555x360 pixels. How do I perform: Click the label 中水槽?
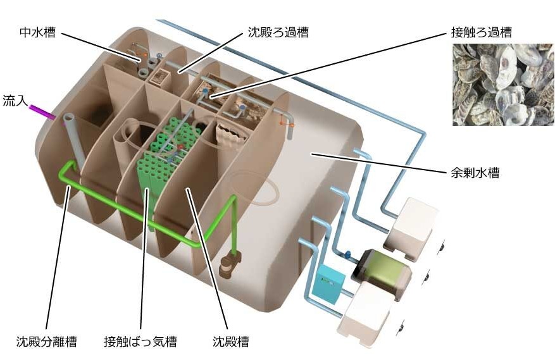tap(37, 32)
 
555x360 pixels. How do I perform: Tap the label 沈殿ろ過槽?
tap(277, 32)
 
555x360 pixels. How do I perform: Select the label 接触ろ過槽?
tap(480, 32)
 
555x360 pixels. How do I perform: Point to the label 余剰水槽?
tap(473, 172)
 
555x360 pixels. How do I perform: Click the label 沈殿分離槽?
tap(46, 342)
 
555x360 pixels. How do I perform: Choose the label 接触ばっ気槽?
tap(140, 342)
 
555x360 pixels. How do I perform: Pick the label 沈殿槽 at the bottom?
tap(230, 342)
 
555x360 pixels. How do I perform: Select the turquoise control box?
tap(328, 281)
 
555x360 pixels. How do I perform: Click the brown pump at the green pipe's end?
tap(228, 263)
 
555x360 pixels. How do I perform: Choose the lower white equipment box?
tap(366, 313)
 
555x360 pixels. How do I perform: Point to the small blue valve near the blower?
tap(347, 255)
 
